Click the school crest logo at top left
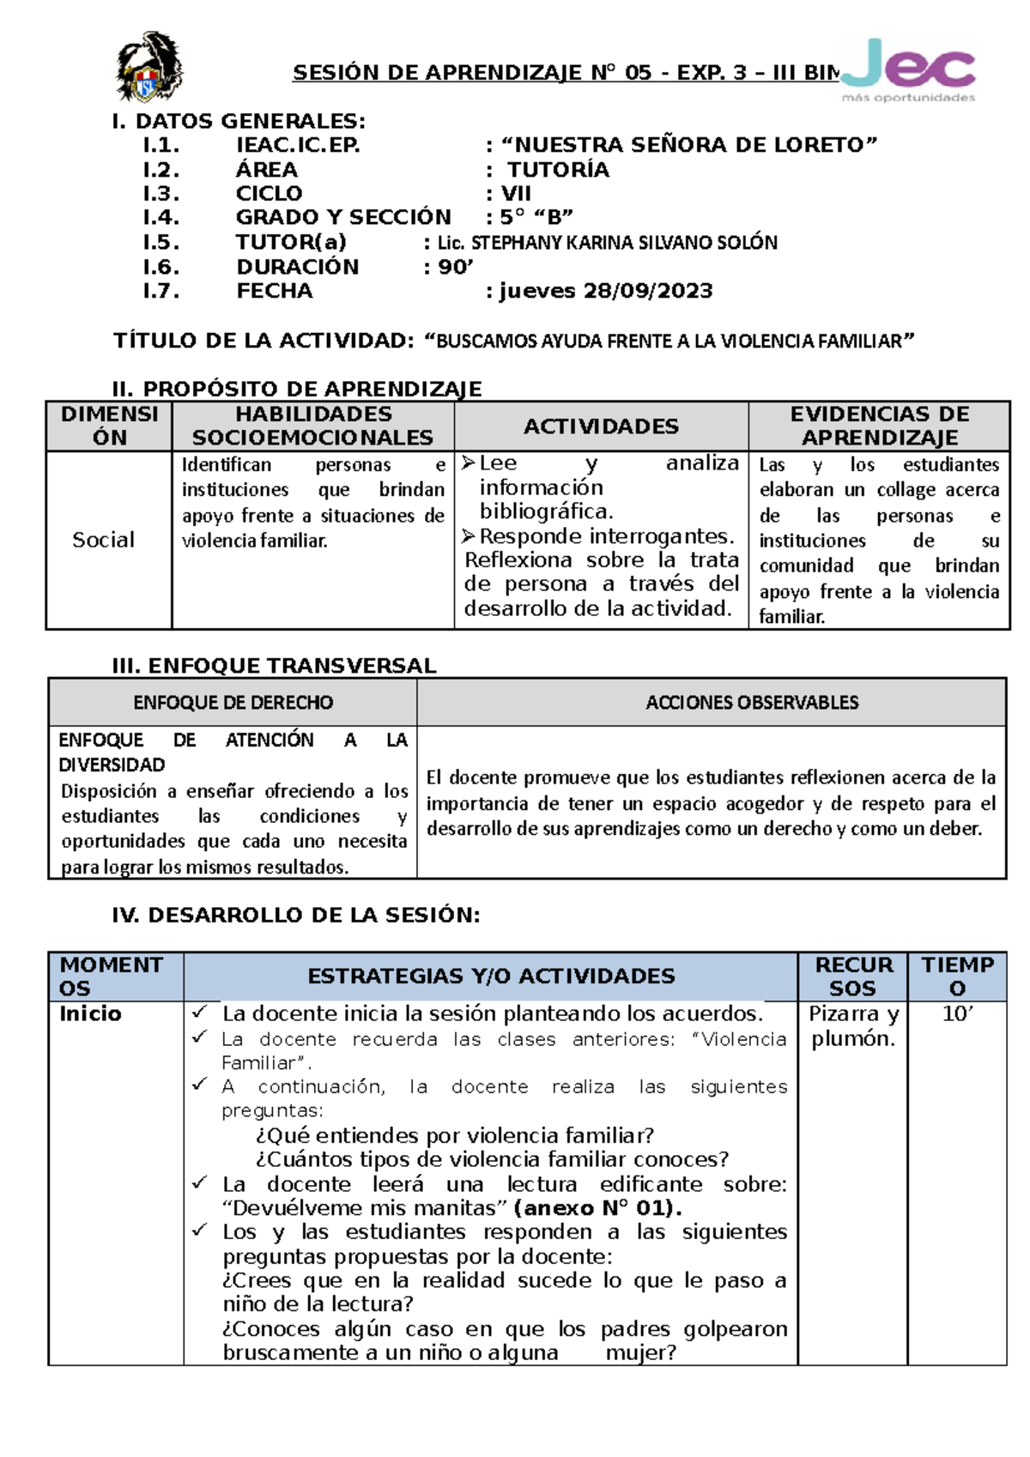pos(148,68)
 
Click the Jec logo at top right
pos(908,69)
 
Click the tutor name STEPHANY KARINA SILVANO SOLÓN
pos(607,243)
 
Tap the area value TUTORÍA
pos(558,170)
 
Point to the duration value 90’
pos(456,267)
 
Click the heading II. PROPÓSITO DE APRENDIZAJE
pos(297,389)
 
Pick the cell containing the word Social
pos(104,540)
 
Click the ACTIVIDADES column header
pos(601,426)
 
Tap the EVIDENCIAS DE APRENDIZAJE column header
pos(879,426)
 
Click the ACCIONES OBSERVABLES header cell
pos(751,702)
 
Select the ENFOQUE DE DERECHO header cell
pos(233,702)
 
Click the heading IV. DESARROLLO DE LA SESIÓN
pos(296,915)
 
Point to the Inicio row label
pos(90,1014)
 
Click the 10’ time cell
pos(957,1014)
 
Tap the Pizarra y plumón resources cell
pos(852,1026)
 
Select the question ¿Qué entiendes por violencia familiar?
pos(455,1135)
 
